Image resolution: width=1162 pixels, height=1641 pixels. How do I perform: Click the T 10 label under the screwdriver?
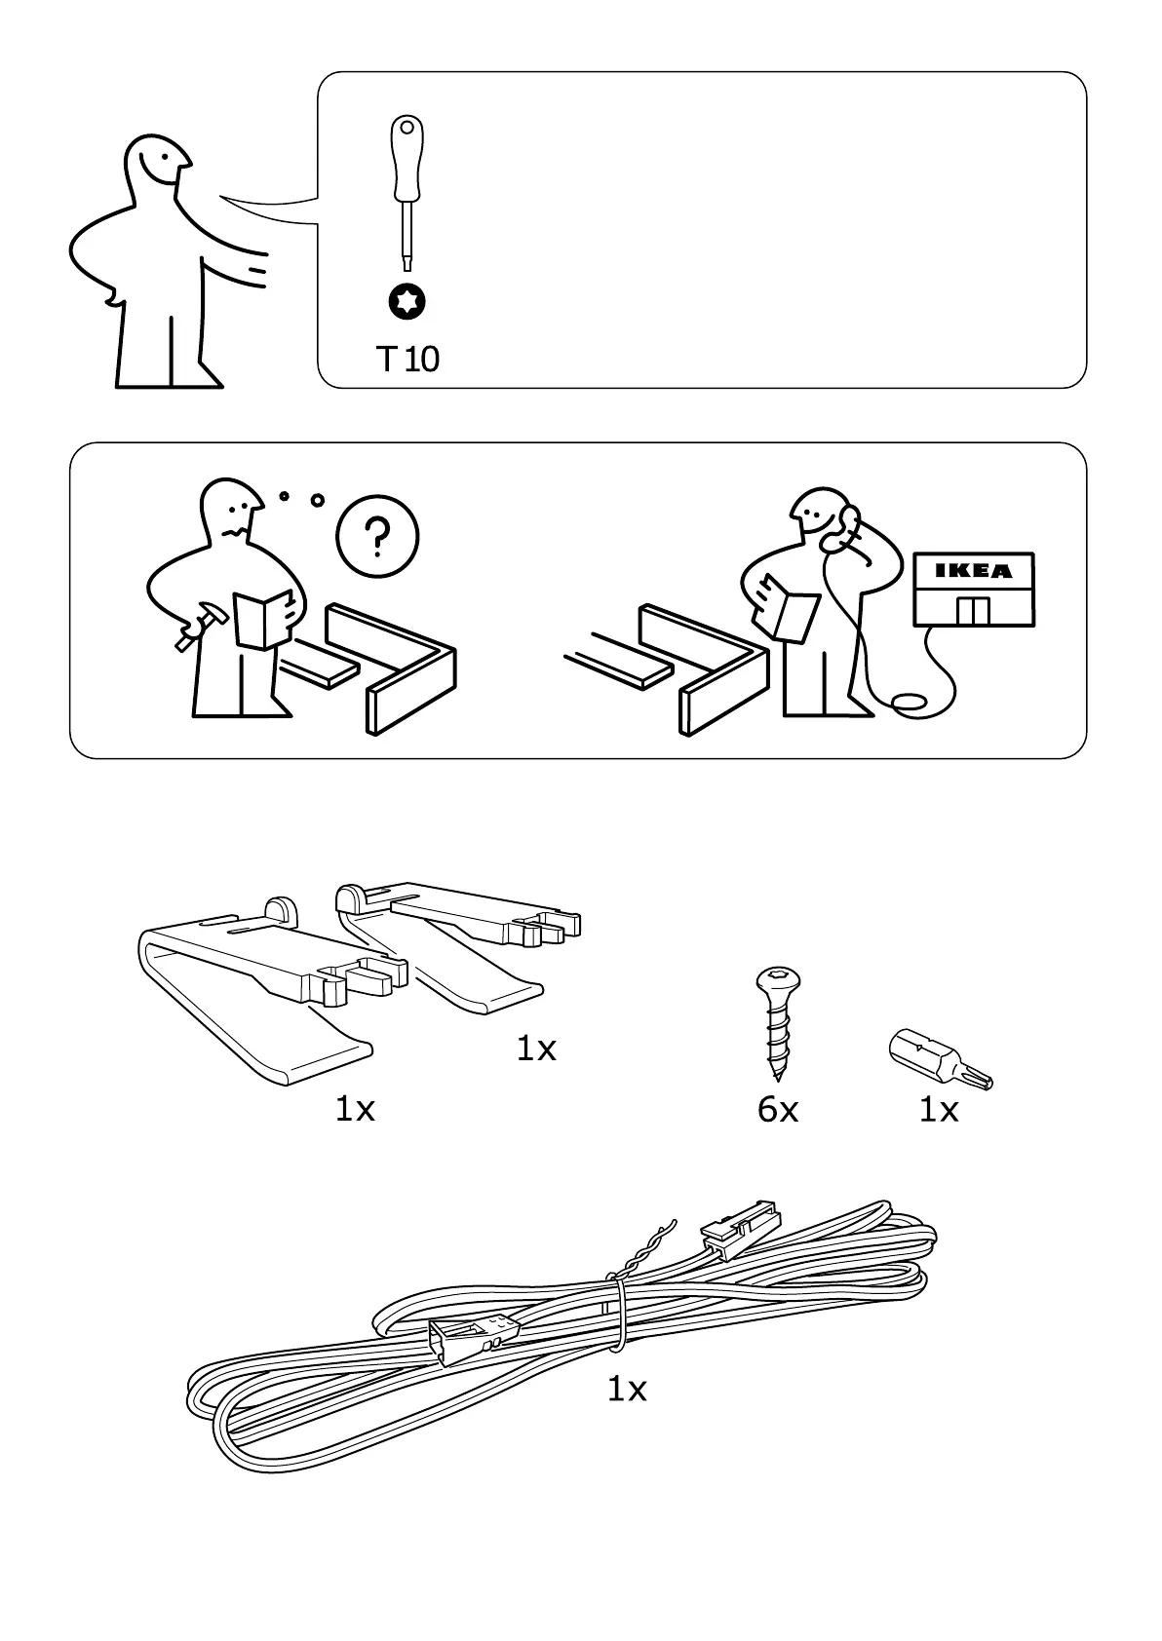click(407, 360)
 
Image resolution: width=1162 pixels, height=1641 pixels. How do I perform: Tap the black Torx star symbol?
click(407, 302)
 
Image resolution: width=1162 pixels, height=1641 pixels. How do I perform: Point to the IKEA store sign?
click(974, 571)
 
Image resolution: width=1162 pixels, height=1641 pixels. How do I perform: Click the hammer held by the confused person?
click(198, 625)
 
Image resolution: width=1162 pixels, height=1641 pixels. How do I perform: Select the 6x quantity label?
click(777, 1109)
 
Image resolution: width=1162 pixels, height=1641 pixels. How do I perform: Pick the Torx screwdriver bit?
click(941, 1060)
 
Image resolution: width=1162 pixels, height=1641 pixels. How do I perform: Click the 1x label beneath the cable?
click(627, 1389)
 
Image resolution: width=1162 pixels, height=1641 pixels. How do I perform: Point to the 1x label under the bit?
click(939, 1109)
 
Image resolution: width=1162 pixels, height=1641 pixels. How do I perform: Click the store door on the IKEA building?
click(973, 611)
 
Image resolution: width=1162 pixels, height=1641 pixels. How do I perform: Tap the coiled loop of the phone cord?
click(910, 702)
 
